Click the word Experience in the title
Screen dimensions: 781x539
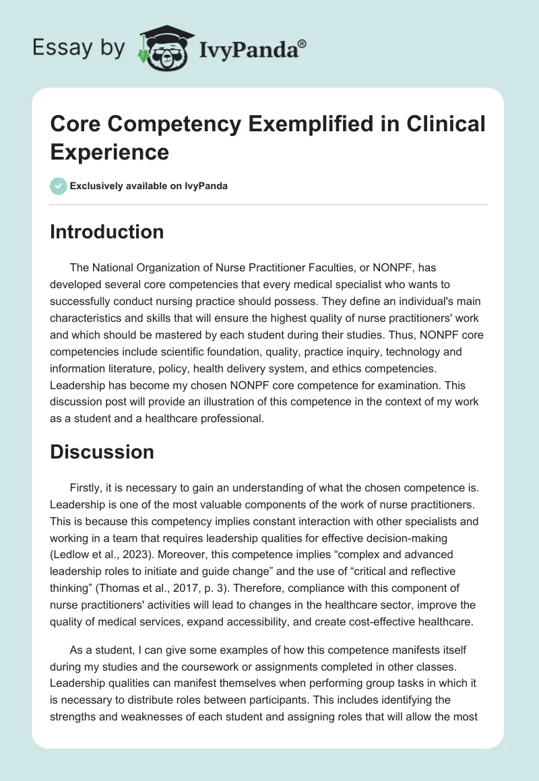pos(109,151)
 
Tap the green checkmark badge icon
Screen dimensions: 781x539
pos(59,186)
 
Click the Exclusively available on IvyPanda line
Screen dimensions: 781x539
pos(148,186)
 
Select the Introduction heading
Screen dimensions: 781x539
pos(106,232)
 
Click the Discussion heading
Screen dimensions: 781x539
pos(102,452)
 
